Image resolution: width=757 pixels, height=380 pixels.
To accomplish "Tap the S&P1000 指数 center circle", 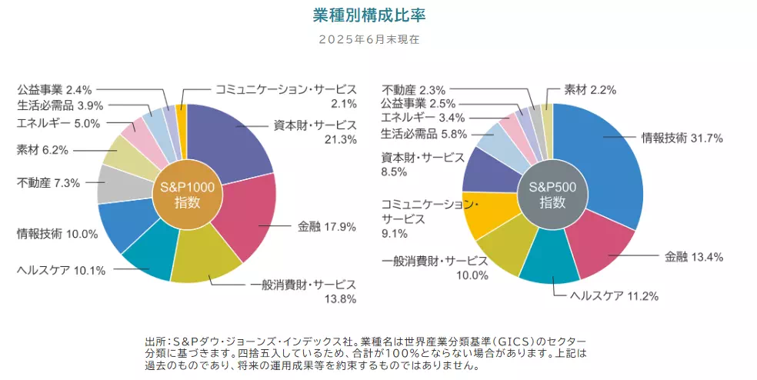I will click(x=187, y=194).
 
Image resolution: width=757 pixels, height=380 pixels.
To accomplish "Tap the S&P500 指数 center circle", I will click(x=552, y=194).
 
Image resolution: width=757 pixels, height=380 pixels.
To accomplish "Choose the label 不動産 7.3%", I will click(x=48, y=183).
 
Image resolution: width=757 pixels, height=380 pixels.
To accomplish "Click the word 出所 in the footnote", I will click(x=155, y=340).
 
